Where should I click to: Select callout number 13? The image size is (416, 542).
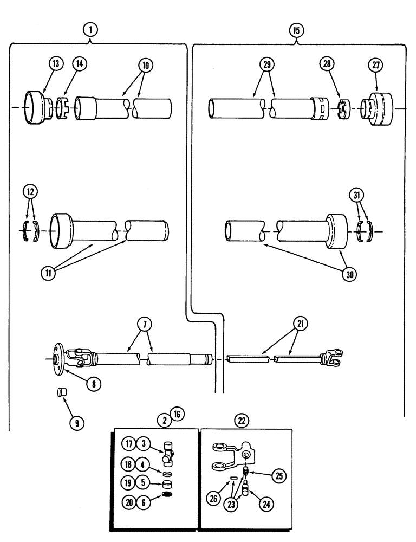pos(55,64)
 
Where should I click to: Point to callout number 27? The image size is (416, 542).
pos(376,64)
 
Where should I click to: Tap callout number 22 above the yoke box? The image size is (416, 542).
pos(241,420)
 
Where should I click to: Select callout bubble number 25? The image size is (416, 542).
pos(278,476)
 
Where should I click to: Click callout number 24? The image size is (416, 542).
pos(265,504)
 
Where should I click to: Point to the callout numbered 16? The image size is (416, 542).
pos(177,415)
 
